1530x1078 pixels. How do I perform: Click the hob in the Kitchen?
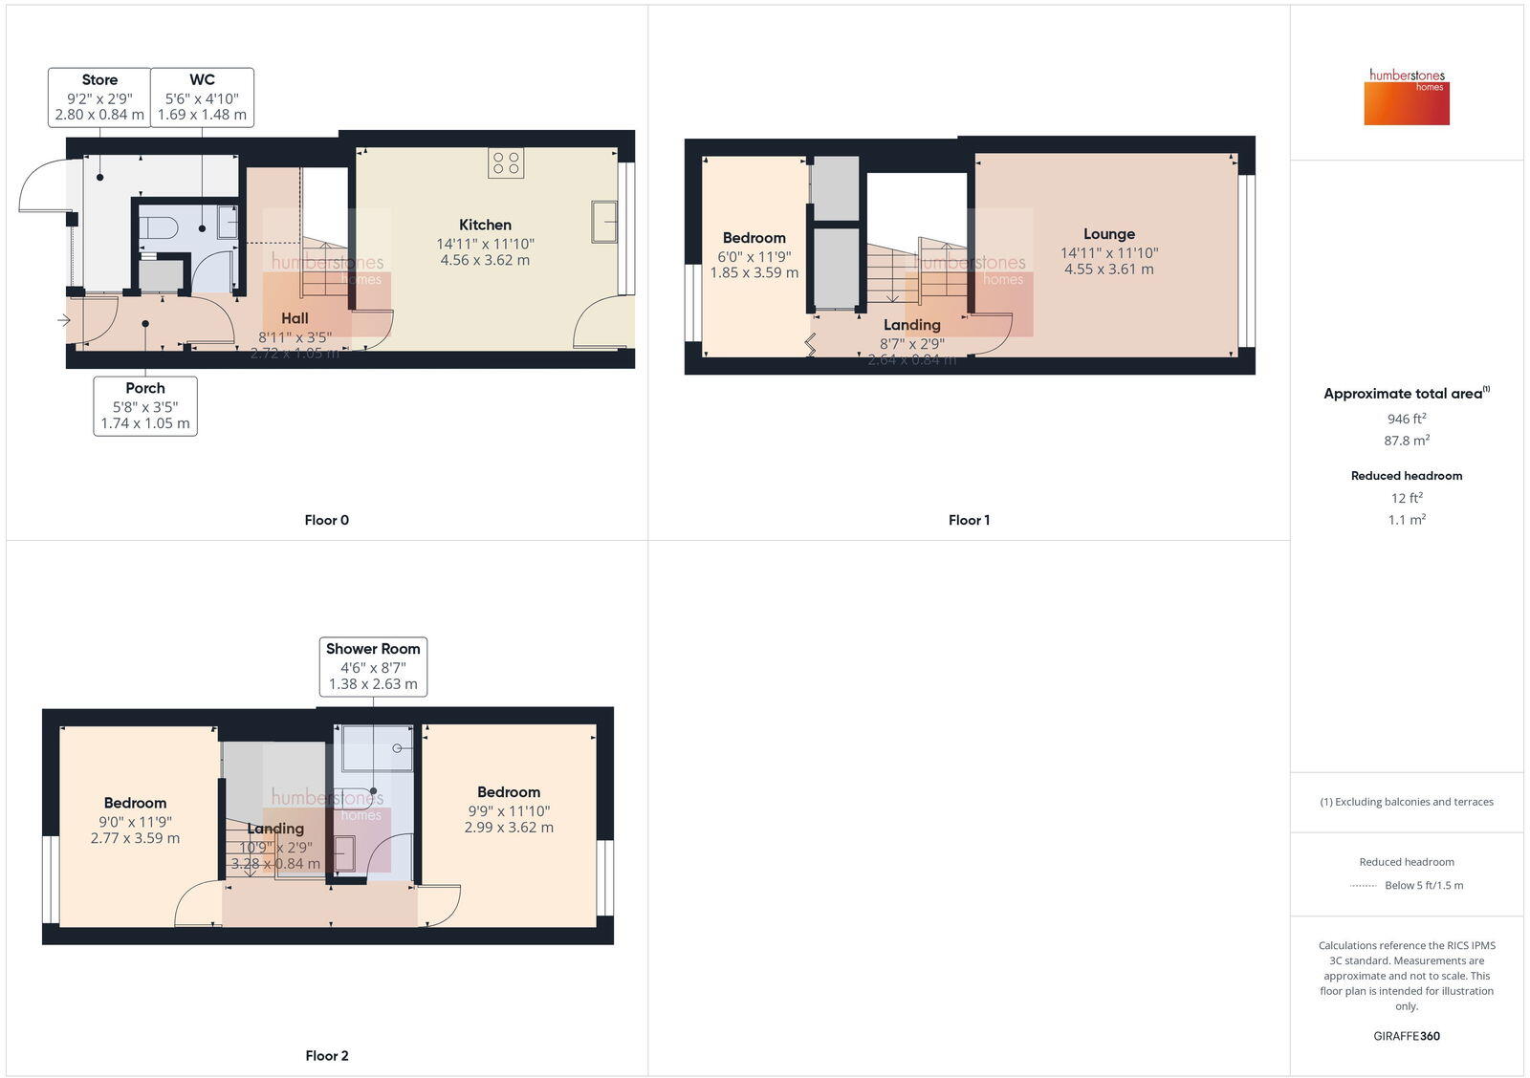506,162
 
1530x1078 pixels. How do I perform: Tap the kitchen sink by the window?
604,221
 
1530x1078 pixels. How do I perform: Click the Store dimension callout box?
99,97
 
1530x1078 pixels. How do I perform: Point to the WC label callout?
202,97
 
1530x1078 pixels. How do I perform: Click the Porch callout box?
145,406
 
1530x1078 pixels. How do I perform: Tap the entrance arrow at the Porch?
64,320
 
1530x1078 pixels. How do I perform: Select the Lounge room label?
1109,234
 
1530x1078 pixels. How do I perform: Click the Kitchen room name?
485,225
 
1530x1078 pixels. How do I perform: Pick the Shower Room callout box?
373,666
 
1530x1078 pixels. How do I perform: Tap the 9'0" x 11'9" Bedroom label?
135,820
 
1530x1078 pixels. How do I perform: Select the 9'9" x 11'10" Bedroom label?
509,809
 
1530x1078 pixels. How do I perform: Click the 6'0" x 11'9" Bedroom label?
754,255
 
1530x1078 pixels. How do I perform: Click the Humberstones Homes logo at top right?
1407,97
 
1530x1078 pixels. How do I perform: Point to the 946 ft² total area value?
1407,419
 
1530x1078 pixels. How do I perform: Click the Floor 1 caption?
969,520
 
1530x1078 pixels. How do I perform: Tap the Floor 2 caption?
327,1055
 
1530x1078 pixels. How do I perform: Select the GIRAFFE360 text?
1407,1036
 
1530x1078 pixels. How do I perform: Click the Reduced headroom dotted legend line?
1363,886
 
